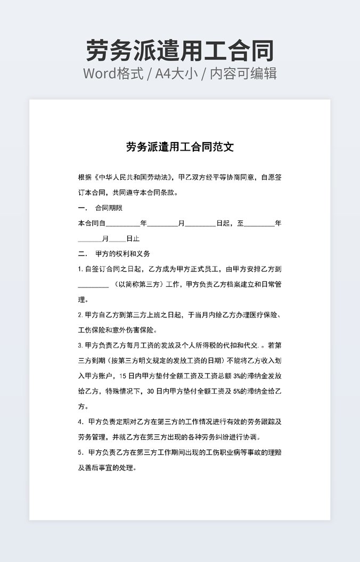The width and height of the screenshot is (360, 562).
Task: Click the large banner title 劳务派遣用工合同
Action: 179,51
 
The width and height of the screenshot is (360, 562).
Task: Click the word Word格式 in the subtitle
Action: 113,73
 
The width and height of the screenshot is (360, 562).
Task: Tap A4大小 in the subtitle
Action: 176,73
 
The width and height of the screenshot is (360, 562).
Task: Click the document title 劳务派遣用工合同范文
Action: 179,147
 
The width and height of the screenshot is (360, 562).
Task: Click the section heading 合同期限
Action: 109,208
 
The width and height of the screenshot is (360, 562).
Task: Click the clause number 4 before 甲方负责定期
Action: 80,422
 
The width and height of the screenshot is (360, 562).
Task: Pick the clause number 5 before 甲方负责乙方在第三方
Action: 80,453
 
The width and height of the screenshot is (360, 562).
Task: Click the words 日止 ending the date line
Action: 133,239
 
